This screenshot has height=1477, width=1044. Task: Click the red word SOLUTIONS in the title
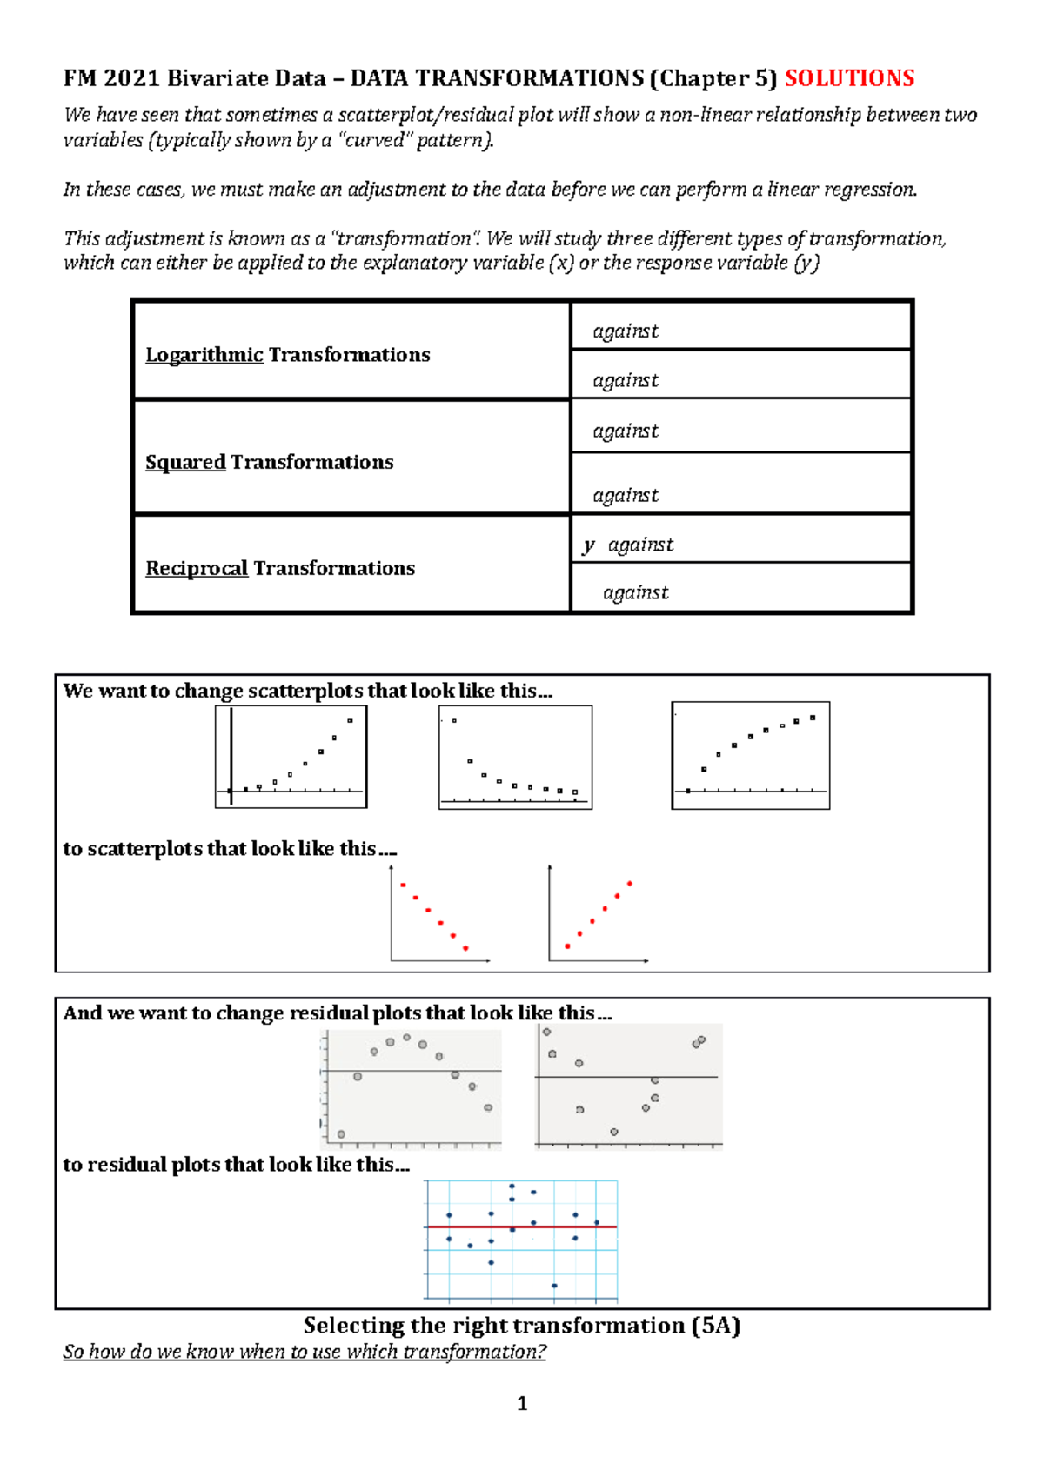[849, 78]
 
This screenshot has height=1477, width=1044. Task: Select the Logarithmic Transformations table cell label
[287, 355]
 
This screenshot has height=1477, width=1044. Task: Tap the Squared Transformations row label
[269, 462]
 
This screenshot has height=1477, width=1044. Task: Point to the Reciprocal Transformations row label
[279, 568]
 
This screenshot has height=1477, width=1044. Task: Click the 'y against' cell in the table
[629, 545]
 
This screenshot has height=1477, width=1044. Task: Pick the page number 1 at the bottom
[522, 1403]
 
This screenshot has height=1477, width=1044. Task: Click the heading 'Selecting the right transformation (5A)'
[521, 1325]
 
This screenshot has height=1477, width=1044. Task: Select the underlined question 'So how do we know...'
[304, 1352]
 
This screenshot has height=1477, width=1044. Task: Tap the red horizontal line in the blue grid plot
[521, 1227]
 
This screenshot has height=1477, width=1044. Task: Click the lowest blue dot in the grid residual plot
[554, 1285]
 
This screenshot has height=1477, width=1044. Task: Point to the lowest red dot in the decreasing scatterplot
[465, 948]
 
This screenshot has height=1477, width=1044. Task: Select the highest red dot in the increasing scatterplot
[629, 884]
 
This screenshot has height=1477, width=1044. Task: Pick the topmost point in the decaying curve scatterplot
[454, 721]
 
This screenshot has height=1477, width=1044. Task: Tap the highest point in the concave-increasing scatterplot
[813, 718]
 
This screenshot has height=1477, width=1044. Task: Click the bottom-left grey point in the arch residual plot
[341, 1134]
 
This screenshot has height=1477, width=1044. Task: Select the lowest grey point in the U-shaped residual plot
[614, 1132]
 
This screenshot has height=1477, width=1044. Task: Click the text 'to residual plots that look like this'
[235, 1164]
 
